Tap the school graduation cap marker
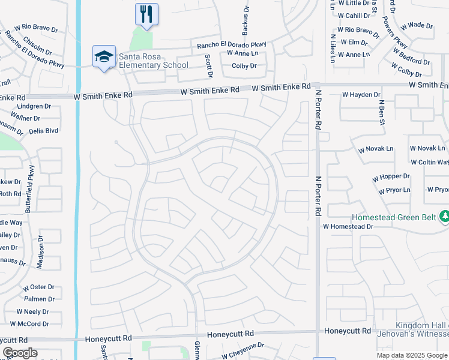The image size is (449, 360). (104, 57)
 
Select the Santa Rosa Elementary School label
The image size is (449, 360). (153, 61)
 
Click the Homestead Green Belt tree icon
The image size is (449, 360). (444, 216)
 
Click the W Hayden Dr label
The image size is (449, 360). (361, 95)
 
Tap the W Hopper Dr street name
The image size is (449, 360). (390, 177)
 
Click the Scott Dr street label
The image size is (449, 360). (209, 66)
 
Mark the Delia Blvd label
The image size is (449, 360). (43, 130)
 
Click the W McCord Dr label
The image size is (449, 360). (33, 324)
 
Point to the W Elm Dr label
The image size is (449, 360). (354, 43)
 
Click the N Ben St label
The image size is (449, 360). (381, 113)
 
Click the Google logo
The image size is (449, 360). (19, 353)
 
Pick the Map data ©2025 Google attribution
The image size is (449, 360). (411, 355)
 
